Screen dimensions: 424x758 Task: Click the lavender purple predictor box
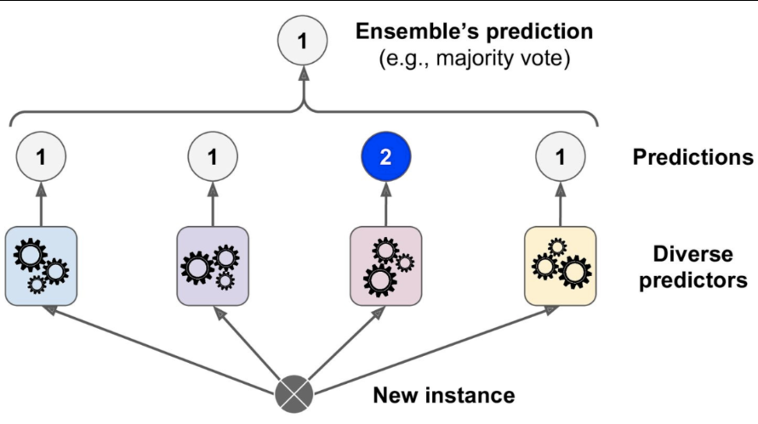click(213, 265)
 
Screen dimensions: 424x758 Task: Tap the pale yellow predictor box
click(560, 265)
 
